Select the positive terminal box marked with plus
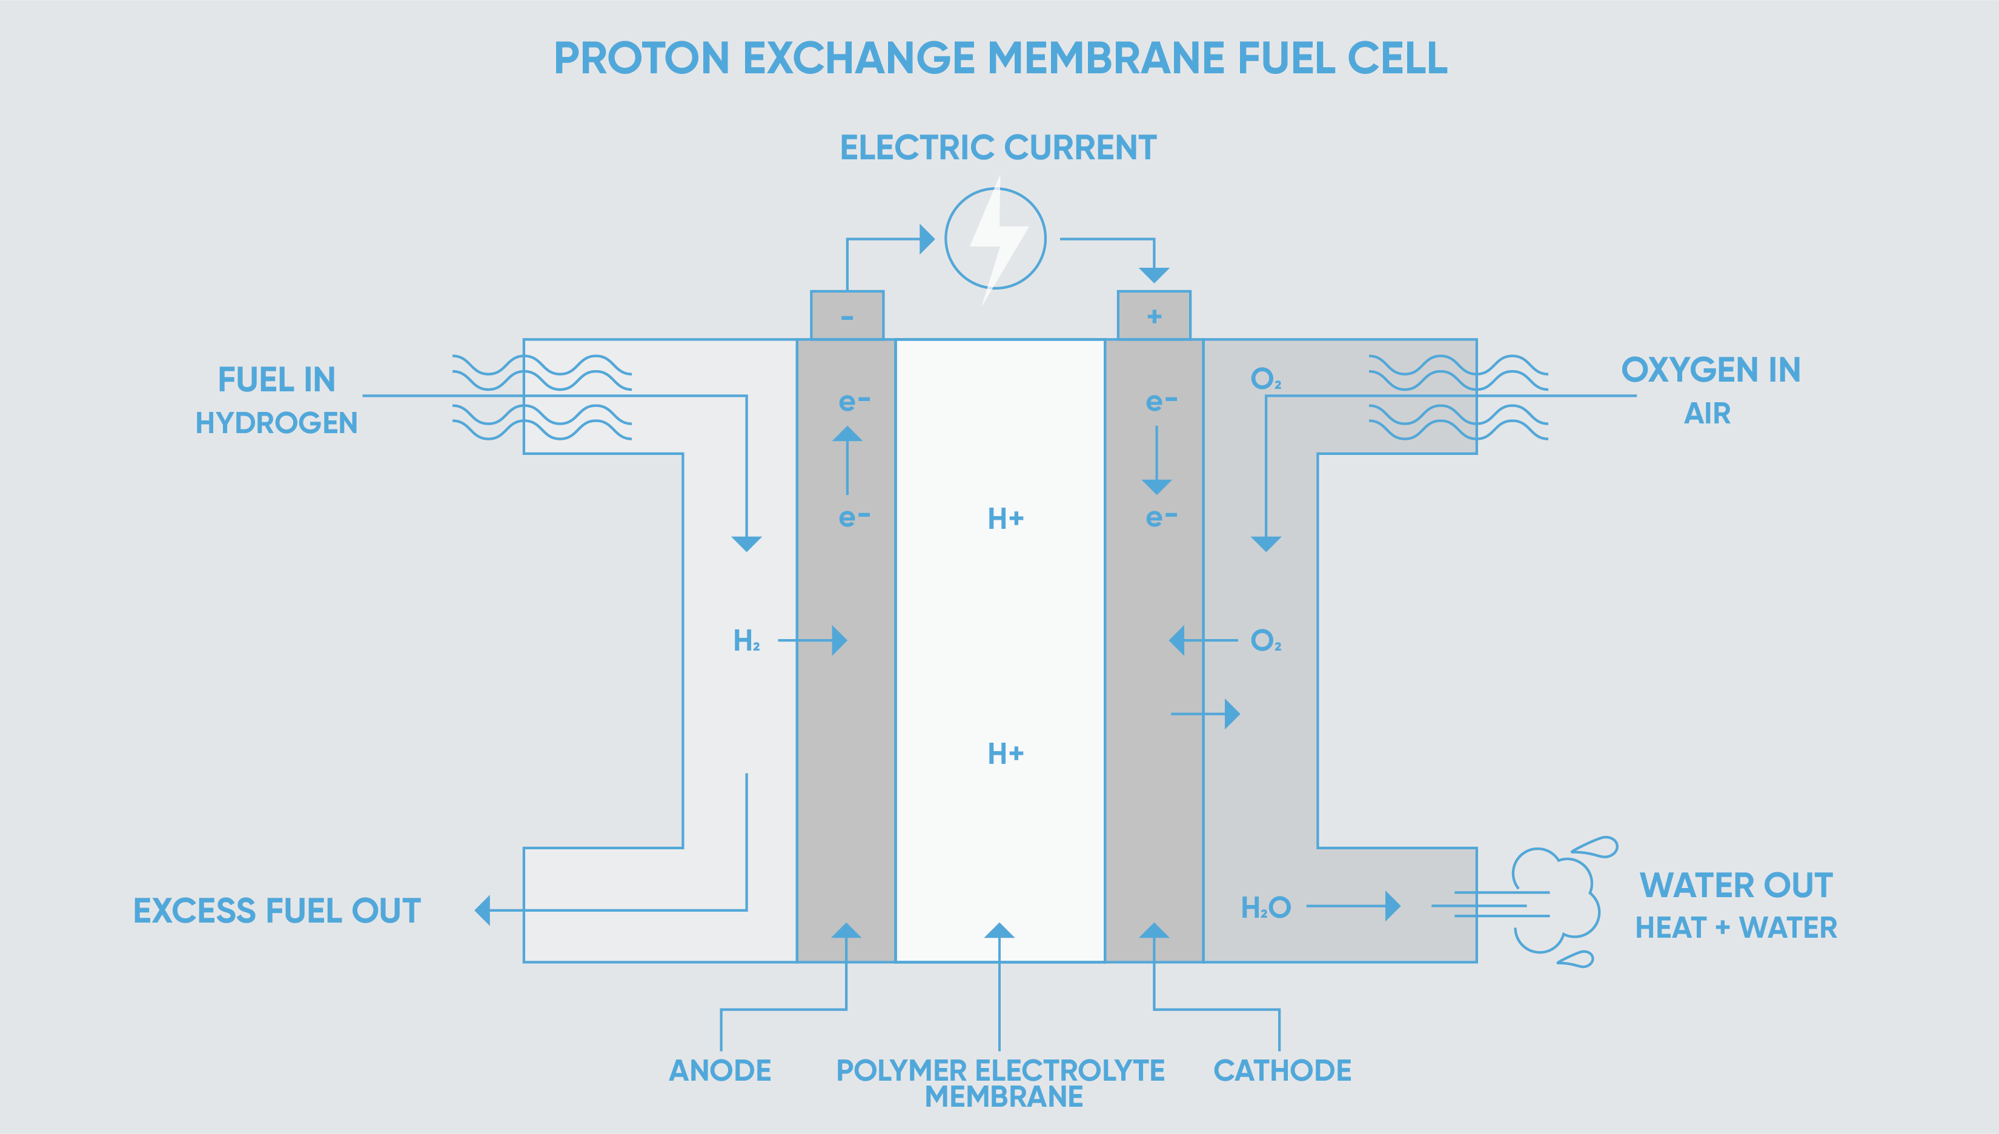(x=1153, y=316)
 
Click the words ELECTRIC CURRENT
(x=998, y=148)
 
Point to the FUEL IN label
(x=276, y=380)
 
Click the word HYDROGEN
(x=276, y=423)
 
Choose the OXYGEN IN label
(x=1710, y=370)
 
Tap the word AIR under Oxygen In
(x=1707, y=414)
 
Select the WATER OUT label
(x=1735, y=886)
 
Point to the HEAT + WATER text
(x=1735, y=927)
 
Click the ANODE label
(x=720, y=1070)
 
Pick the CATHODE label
(x=1282, y=1070)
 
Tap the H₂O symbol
(x=1265, y=907)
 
